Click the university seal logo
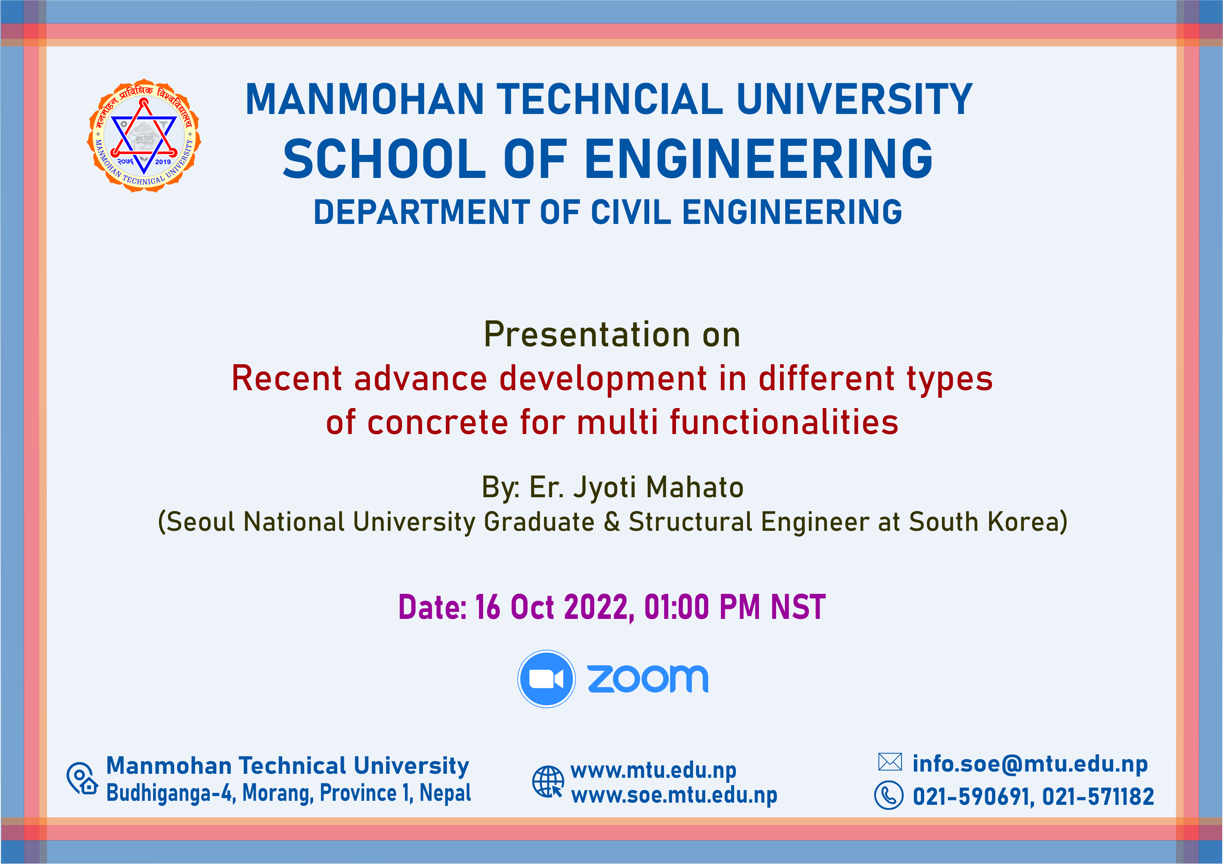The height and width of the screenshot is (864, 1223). click(x=144, y=136)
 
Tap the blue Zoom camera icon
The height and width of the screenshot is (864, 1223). click(x=546, y=679)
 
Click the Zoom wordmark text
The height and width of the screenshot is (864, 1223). click(x=648, y=679)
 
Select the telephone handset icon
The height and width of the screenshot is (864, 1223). click(x=889, y=796)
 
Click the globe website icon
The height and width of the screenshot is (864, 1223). click(x=548, y=781)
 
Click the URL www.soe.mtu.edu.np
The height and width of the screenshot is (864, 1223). click(x=674, y=795)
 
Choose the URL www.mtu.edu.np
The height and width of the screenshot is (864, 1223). click(x=654, y=770)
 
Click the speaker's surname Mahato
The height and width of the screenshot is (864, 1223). click(x=695, y=487)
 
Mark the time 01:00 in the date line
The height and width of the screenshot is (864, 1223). click(x=676, y=607)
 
